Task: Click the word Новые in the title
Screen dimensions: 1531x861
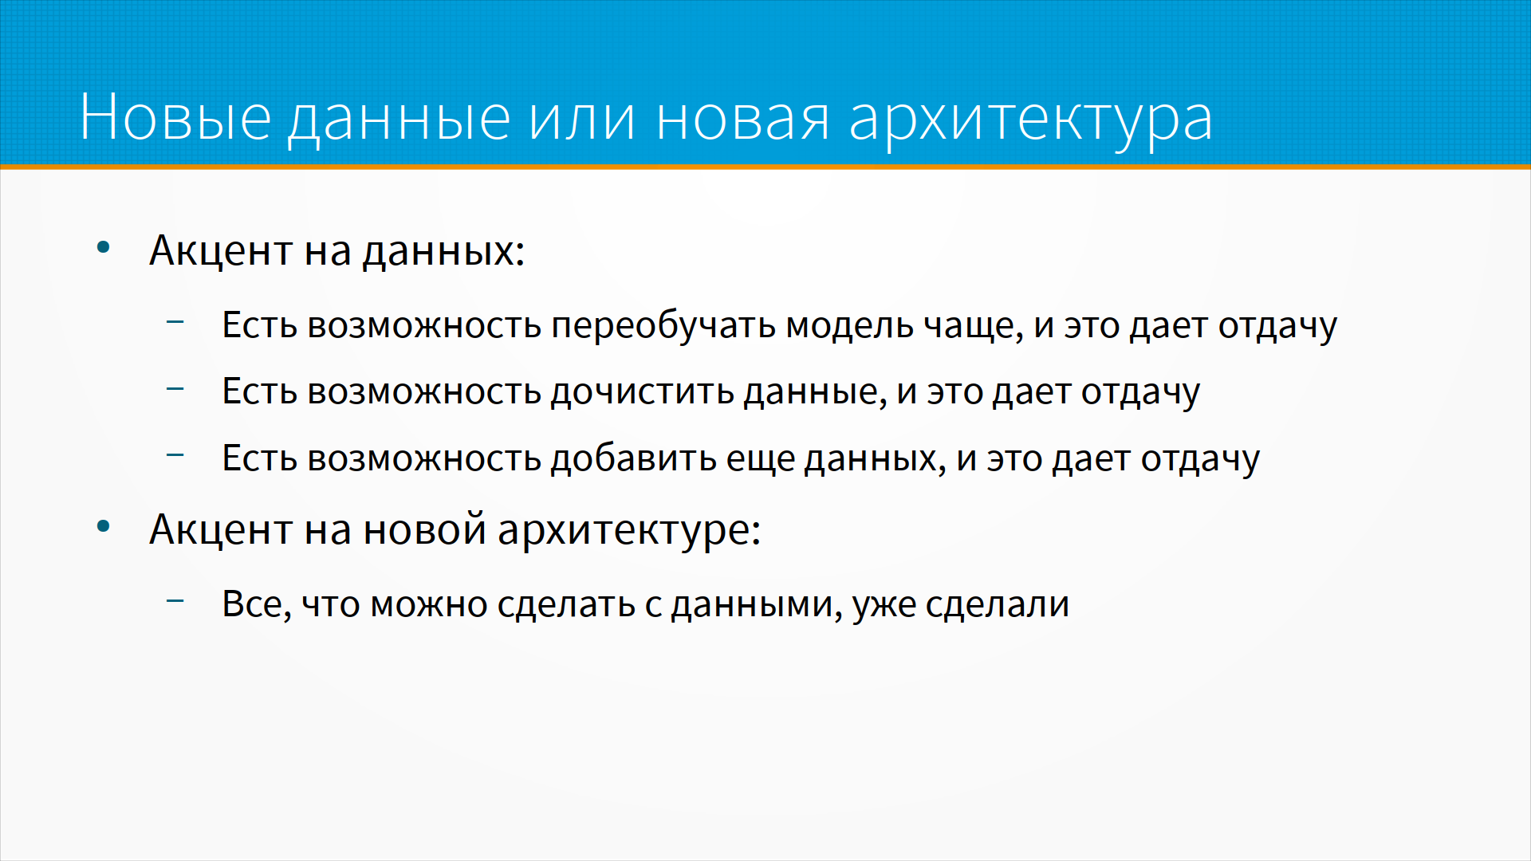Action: pos(175,117)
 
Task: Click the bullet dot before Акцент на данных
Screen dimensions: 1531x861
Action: pos(103,248)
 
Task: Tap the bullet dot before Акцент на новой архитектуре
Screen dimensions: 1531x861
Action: pos(103,526)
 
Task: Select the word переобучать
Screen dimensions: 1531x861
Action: pos(663,326)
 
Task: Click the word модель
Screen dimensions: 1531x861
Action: pos(849,326)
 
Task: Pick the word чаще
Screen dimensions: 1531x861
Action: pos(973,328)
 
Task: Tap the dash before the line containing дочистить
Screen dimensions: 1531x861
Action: pos(175,389)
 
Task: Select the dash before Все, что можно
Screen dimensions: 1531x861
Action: pos(175,601)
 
